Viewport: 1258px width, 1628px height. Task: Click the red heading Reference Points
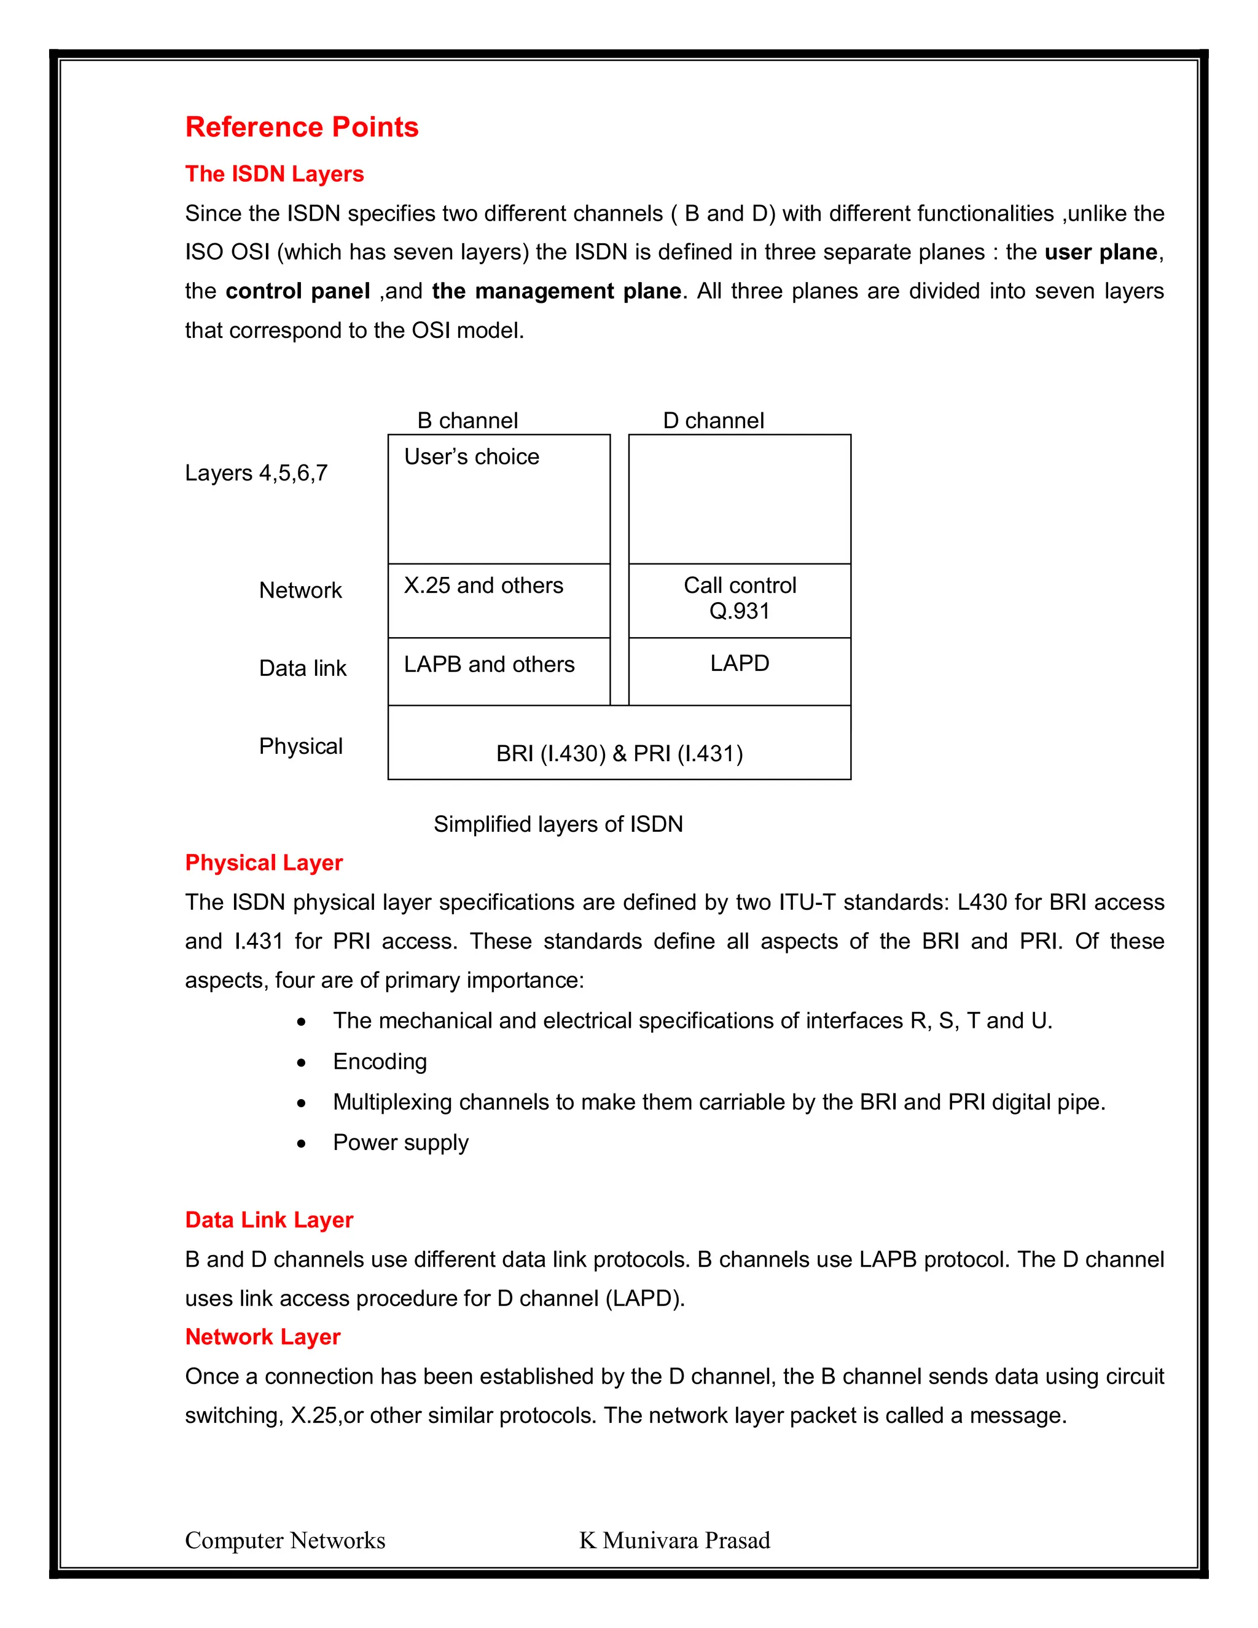[x=301, y=127]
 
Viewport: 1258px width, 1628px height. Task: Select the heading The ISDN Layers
[x=274, y=174]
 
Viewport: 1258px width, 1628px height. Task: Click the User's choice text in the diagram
[x=471, y=456]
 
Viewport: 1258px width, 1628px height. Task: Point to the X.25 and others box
[x=499, y=600]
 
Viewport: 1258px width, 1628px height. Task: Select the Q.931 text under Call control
[x=740, y=611]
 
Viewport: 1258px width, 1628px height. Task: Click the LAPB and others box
[x=499, y=671]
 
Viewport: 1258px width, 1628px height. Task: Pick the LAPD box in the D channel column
[x=740, y=670]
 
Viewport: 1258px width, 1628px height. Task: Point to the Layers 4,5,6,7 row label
[x=256, y=472]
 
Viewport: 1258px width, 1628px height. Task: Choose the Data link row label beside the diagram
[x=303, y=668]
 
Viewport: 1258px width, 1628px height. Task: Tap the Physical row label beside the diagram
[x=300, y=746]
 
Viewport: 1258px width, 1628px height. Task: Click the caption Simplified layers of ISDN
[x=558, y=824]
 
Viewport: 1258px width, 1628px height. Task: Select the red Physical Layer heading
[x=264, y=863]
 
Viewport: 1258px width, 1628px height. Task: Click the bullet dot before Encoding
[x=301, y=1063]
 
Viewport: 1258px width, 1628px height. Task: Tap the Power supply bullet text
[x=400, y=1143]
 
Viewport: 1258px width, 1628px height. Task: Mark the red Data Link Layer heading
[x=269, y=1219]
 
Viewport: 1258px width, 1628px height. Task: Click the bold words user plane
[x=1101, y=252]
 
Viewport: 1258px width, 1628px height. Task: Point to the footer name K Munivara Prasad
[x=674, y=1540]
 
